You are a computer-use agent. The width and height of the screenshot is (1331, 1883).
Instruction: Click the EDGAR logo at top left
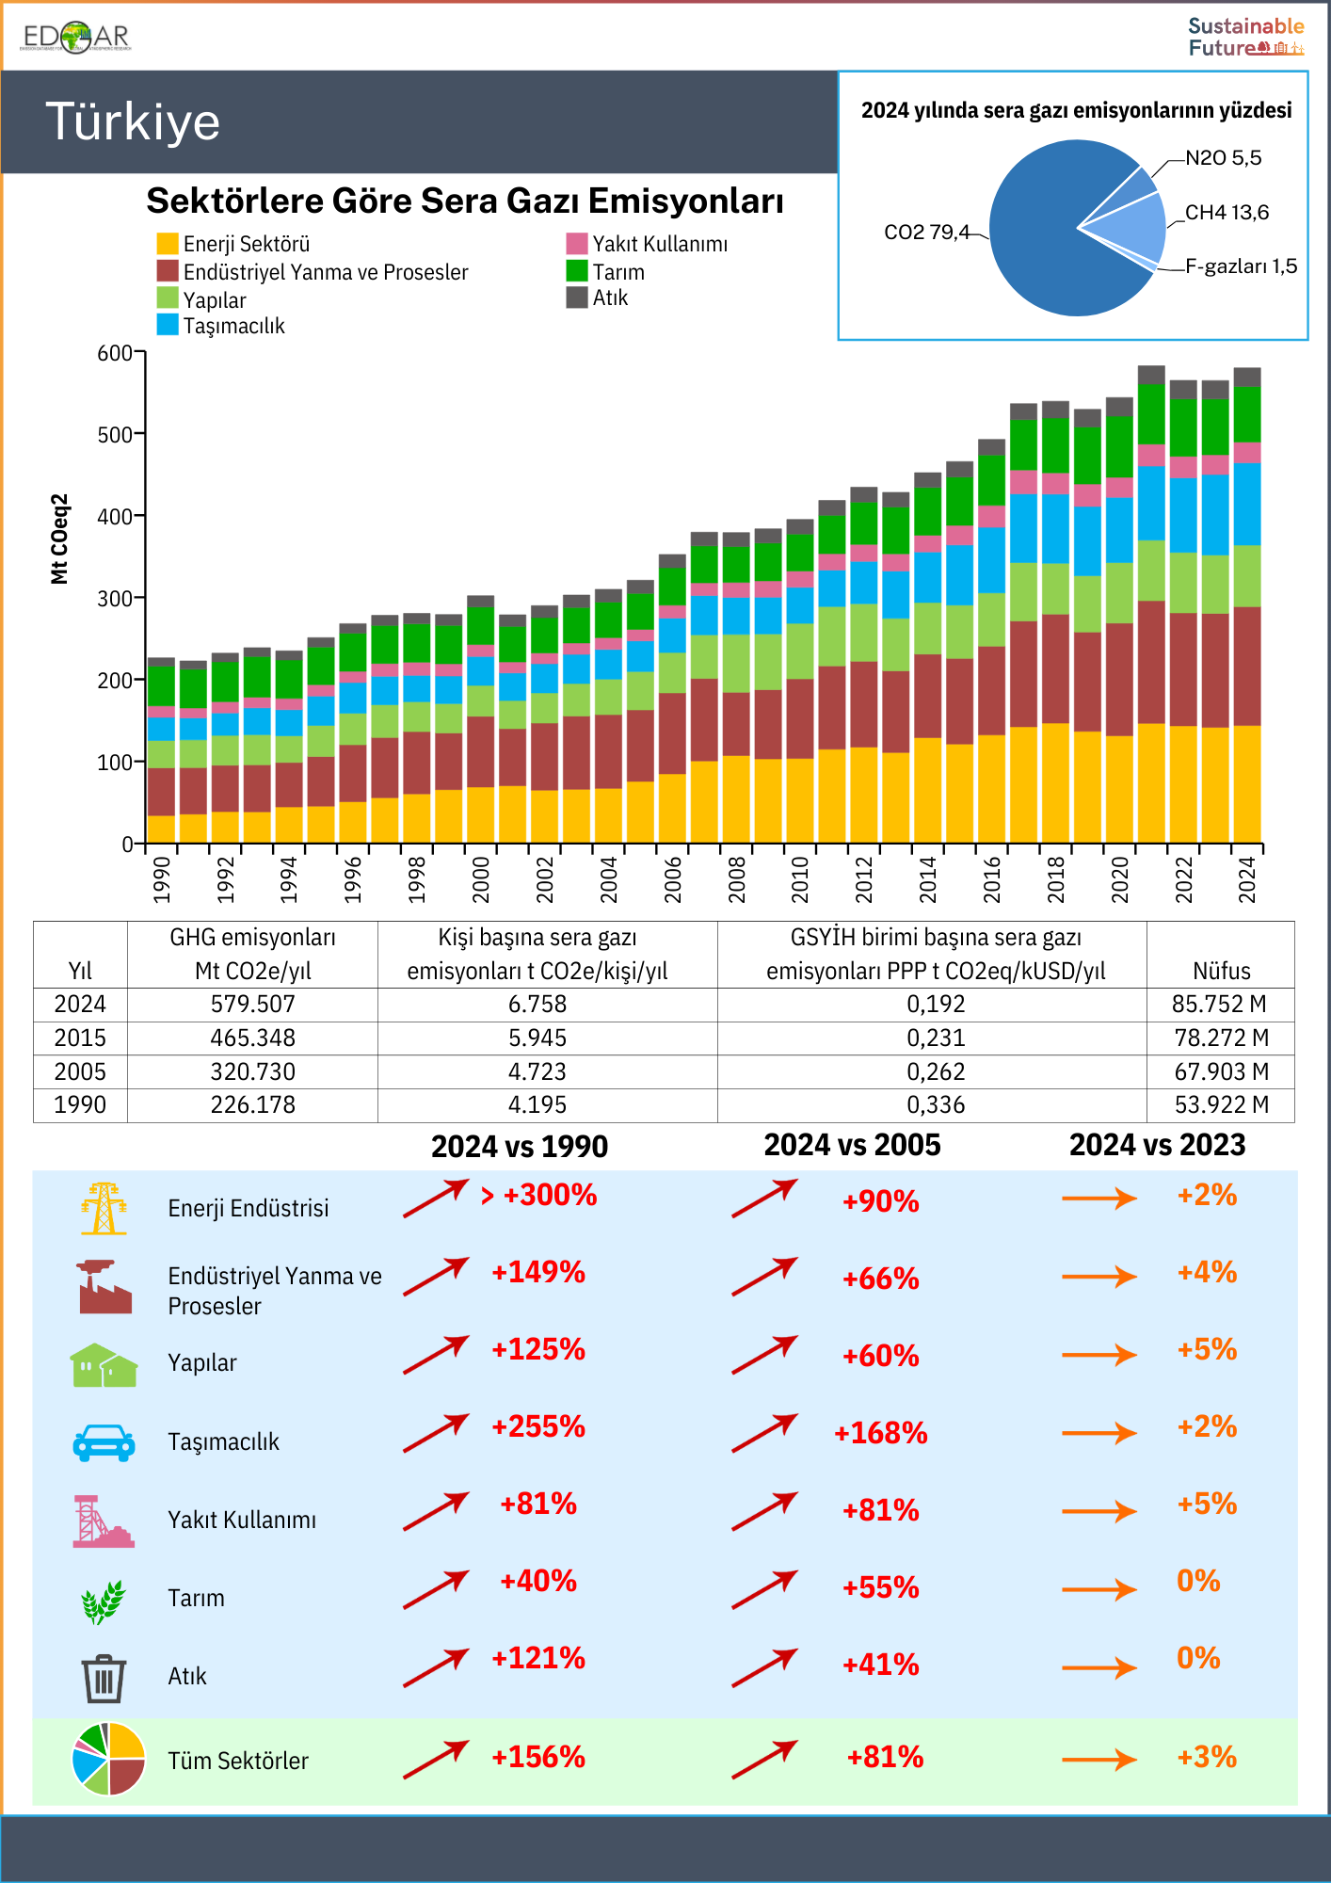coord(75,37)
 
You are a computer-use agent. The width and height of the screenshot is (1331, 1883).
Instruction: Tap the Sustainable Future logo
coord(1245,37)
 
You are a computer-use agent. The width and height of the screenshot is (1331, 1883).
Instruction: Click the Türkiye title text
coord(133,122)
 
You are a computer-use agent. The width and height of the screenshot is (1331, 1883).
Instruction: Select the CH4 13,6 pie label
coord(1227,213)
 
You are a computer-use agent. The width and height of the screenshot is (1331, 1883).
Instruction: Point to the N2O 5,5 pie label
coord(1223,158)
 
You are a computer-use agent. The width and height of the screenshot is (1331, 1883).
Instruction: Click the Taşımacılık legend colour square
coord(168,325)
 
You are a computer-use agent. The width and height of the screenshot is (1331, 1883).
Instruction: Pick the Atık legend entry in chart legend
coord(610,298)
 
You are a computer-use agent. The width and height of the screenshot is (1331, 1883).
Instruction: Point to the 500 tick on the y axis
coord(115,434)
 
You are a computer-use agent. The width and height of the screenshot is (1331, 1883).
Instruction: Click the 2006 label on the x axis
coord(673,879)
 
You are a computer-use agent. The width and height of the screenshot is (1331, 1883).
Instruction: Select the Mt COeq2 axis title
coord(59,539)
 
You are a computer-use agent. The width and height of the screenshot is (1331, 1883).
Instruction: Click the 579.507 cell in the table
coord(252,1005)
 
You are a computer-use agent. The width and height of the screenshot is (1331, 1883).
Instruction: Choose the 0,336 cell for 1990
coord(936,1105)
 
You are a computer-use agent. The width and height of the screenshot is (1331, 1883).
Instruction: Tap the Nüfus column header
coord(1221,971)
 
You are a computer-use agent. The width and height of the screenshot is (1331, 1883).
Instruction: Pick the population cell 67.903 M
coord(1221,1072)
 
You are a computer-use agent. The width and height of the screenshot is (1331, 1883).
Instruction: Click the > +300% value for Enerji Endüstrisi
coord(538,1196)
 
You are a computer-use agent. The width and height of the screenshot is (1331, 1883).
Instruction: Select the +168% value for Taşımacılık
coord(880,1433)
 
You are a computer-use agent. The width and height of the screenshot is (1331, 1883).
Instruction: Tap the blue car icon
coord(104,1441)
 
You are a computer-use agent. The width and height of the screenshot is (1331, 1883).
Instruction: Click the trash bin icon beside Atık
coord(104,1678)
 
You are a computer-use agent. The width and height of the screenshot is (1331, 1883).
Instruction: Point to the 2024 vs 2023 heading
coord(1157,1145)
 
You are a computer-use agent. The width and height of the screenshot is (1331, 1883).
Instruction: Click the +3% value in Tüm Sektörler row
coord(1207,1758)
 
